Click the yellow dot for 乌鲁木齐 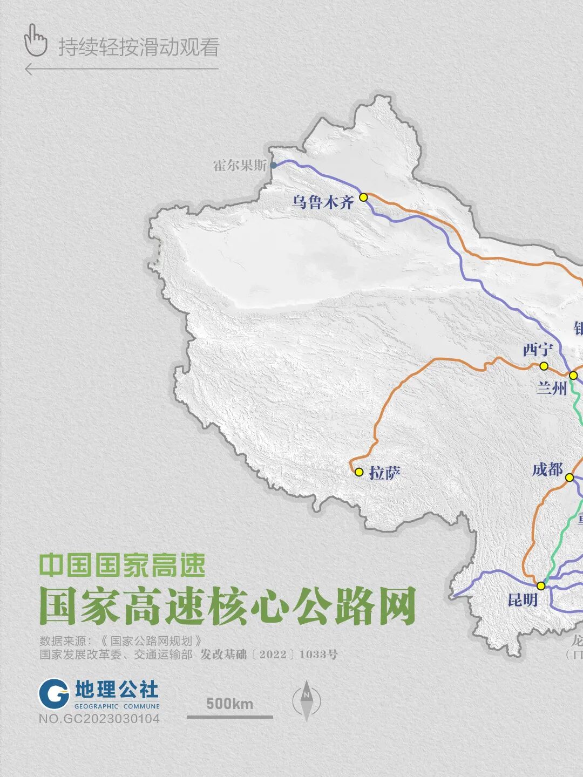click(363, 197)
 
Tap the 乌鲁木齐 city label click(323, 202)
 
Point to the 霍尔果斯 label click(240, 166)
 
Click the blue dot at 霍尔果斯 click(273, 165)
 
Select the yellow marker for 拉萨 click(359, 472)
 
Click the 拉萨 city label click(385, 473)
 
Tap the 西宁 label click(538, 350)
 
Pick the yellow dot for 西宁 click(544, 366)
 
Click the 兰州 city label click(551, 387)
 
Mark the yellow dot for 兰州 click(573, 375)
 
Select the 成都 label click(547, 469)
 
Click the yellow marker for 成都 click(569, 477)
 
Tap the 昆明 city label click(523, 599)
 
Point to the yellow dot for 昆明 click(541, 585)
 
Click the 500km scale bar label click(229, 704)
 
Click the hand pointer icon click(36, 40)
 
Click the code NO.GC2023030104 click(99, 719)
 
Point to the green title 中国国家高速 click(123, 565)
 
